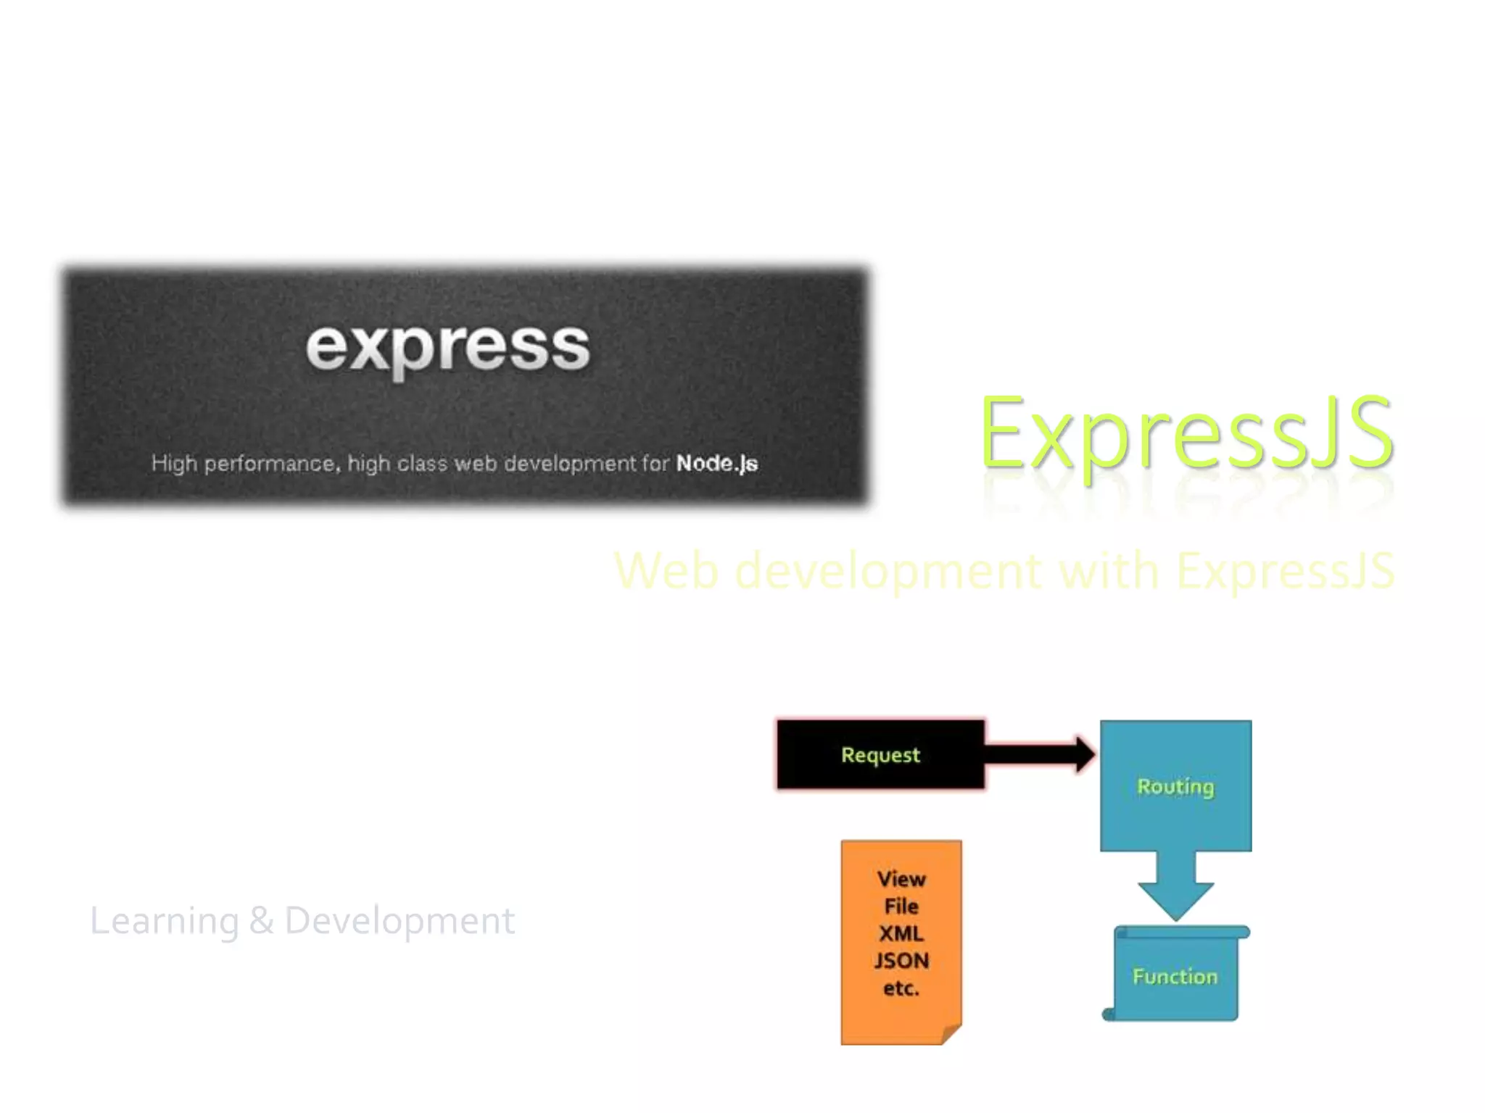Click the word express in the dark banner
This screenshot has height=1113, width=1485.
(x=447, y=348)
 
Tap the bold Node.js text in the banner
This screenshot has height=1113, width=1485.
(x=716, y=464)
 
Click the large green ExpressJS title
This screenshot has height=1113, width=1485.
(x=1186, y=433)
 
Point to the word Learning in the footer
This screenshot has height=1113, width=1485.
(x=164, y=922)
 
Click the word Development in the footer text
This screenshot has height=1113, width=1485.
(x=400, y=922)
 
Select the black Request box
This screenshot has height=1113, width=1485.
(x=880, y=755)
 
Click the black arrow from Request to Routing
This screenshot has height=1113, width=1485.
(x=1041, y=754)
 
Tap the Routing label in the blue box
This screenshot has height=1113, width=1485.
(x=1175, y=787)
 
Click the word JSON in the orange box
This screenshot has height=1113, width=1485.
(x=901, y=961)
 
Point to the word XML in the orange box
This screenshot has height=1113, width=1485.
(x=901, y=933)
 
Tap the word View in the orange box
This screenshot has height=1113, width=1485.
(x=901, y=879)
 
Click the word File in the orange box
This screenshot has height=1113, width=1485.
(x=901, y=906)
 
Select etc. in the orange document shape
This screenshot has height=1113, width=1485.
(x=901, y=988)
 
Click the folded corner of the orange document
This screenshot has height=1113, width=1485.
(x=952, y=1035)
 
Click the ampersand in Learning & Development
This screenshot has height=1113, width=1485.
(x=261, y=922)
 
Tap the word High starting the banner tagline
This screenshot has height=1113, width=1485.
(x=174, y=464)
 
